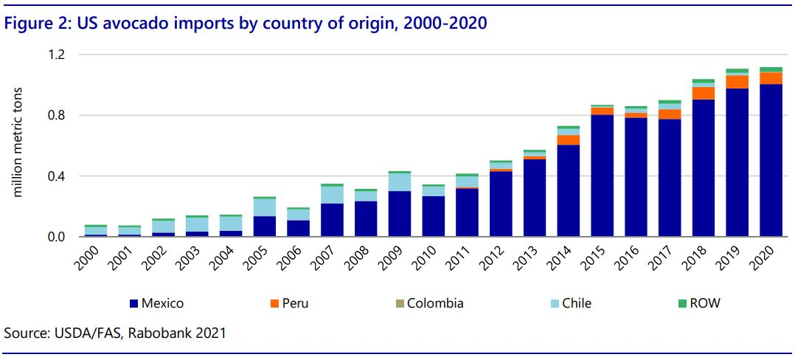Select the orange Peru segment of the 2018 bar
point(704,93)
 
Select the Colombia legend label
point(435,302)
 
